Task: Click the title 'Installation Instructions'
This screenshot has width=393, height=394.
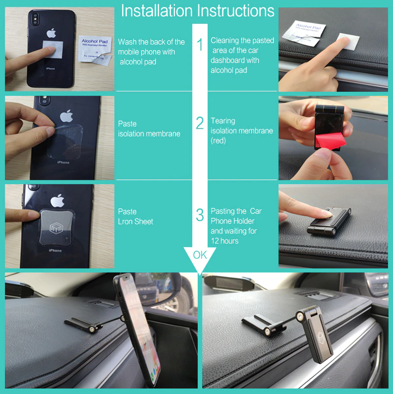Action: click(x=197, y=11)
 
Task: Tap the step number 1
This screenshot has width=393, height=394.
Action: click(x=200, y=45)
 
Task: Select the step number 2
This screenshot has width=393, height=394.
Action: click(x=200, y=123)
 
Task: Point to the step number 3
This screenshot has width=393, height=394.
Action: click(x=200, y=215)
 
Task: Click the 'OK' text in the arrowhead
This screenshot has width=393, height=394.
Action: click(x=200, y=255)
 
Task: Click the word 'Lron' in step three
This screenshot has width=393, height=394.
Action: click(x=126, y=221)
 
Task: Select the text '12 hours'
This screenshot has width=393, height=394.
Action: click(x=225, y=241)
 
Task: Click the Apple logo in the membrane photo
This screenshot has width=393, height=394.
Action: click(x=66, y=117)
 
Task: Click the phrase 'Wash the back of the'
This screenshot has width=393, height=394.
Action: click(x=151, y=42)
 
